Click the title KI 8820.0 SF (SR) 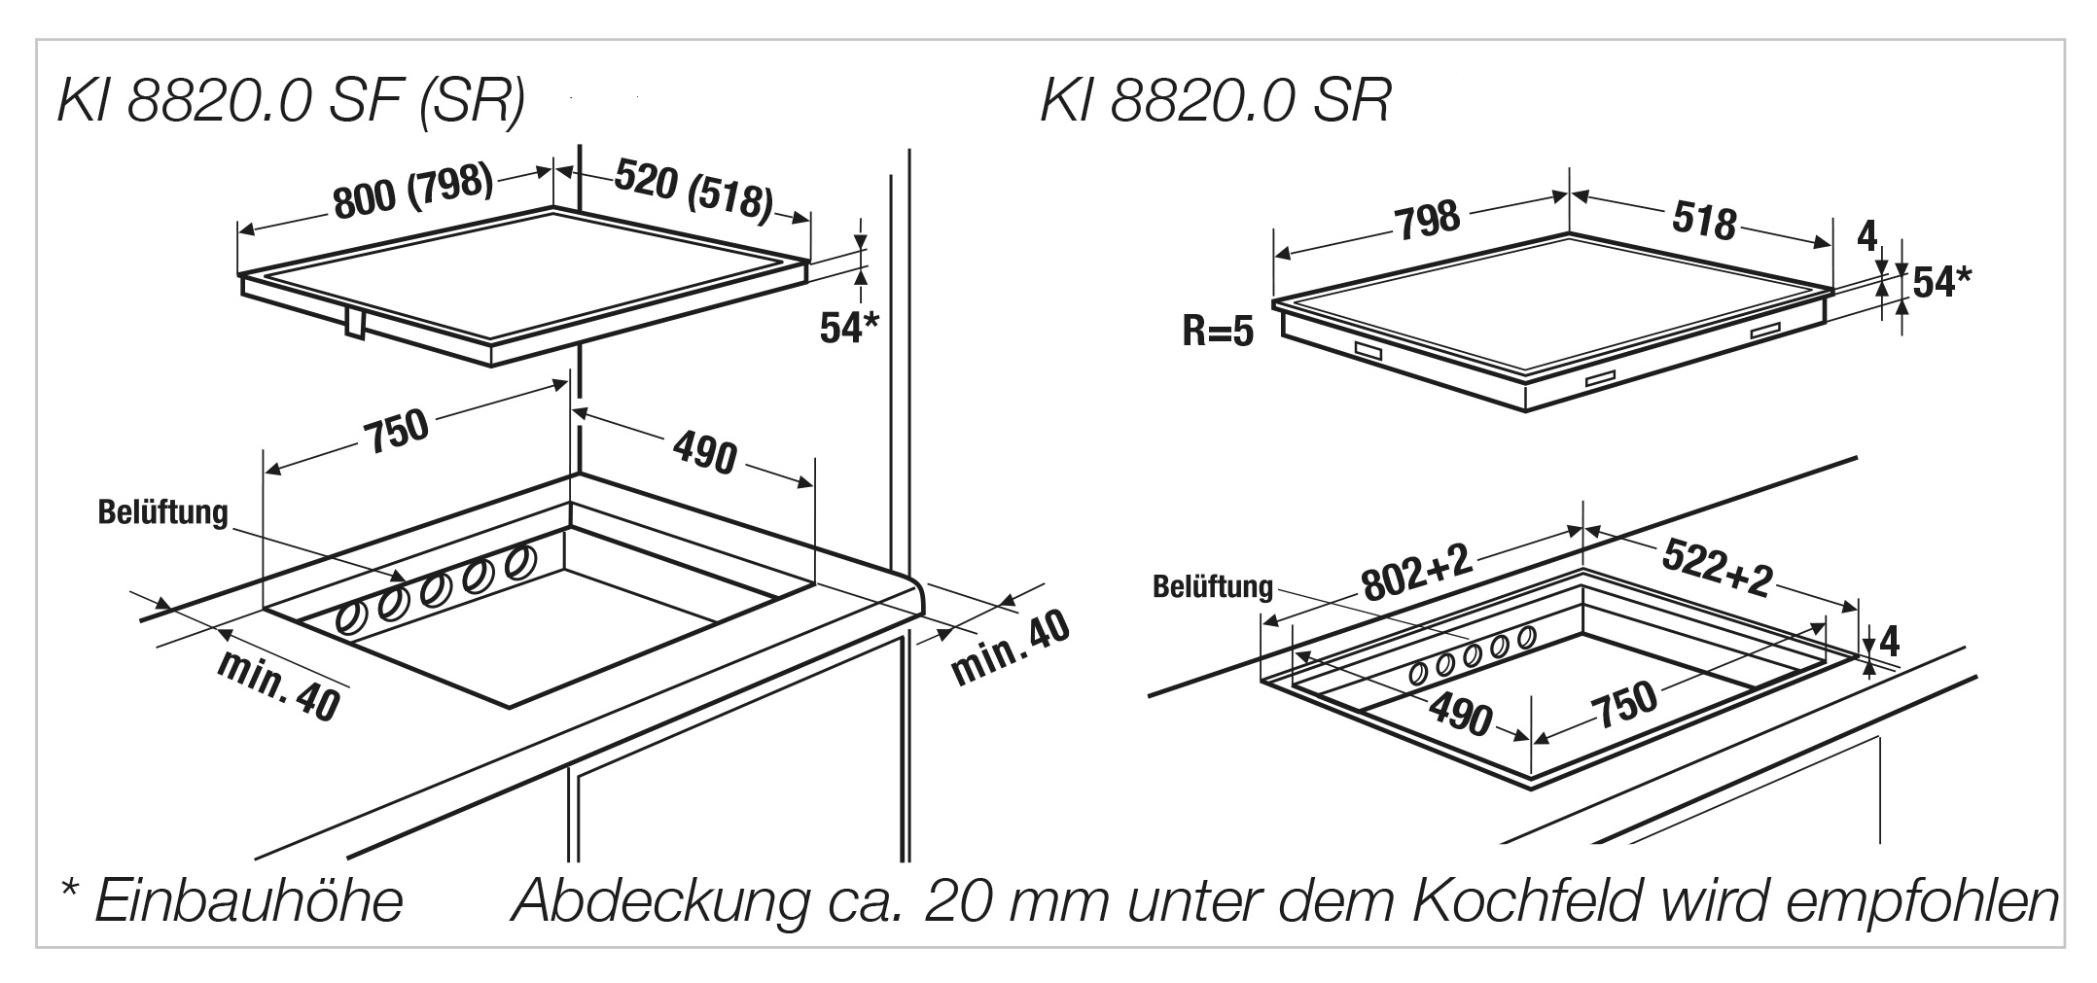291,101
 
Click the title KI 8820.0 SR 1215,101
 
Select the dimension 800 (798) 413,191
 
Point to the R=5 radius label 1218,333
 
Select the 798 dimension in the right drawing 1427,220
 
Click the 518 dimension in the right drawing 1704,221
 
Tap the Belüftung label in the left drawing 162,512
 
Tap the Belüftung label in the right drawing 1212,587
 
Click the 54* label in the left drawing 848,329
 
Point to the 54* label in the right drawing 1941,282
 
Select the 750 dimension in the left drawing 396,432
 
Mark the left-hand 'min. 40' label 278,685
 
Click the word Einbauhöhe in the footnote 248,901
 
